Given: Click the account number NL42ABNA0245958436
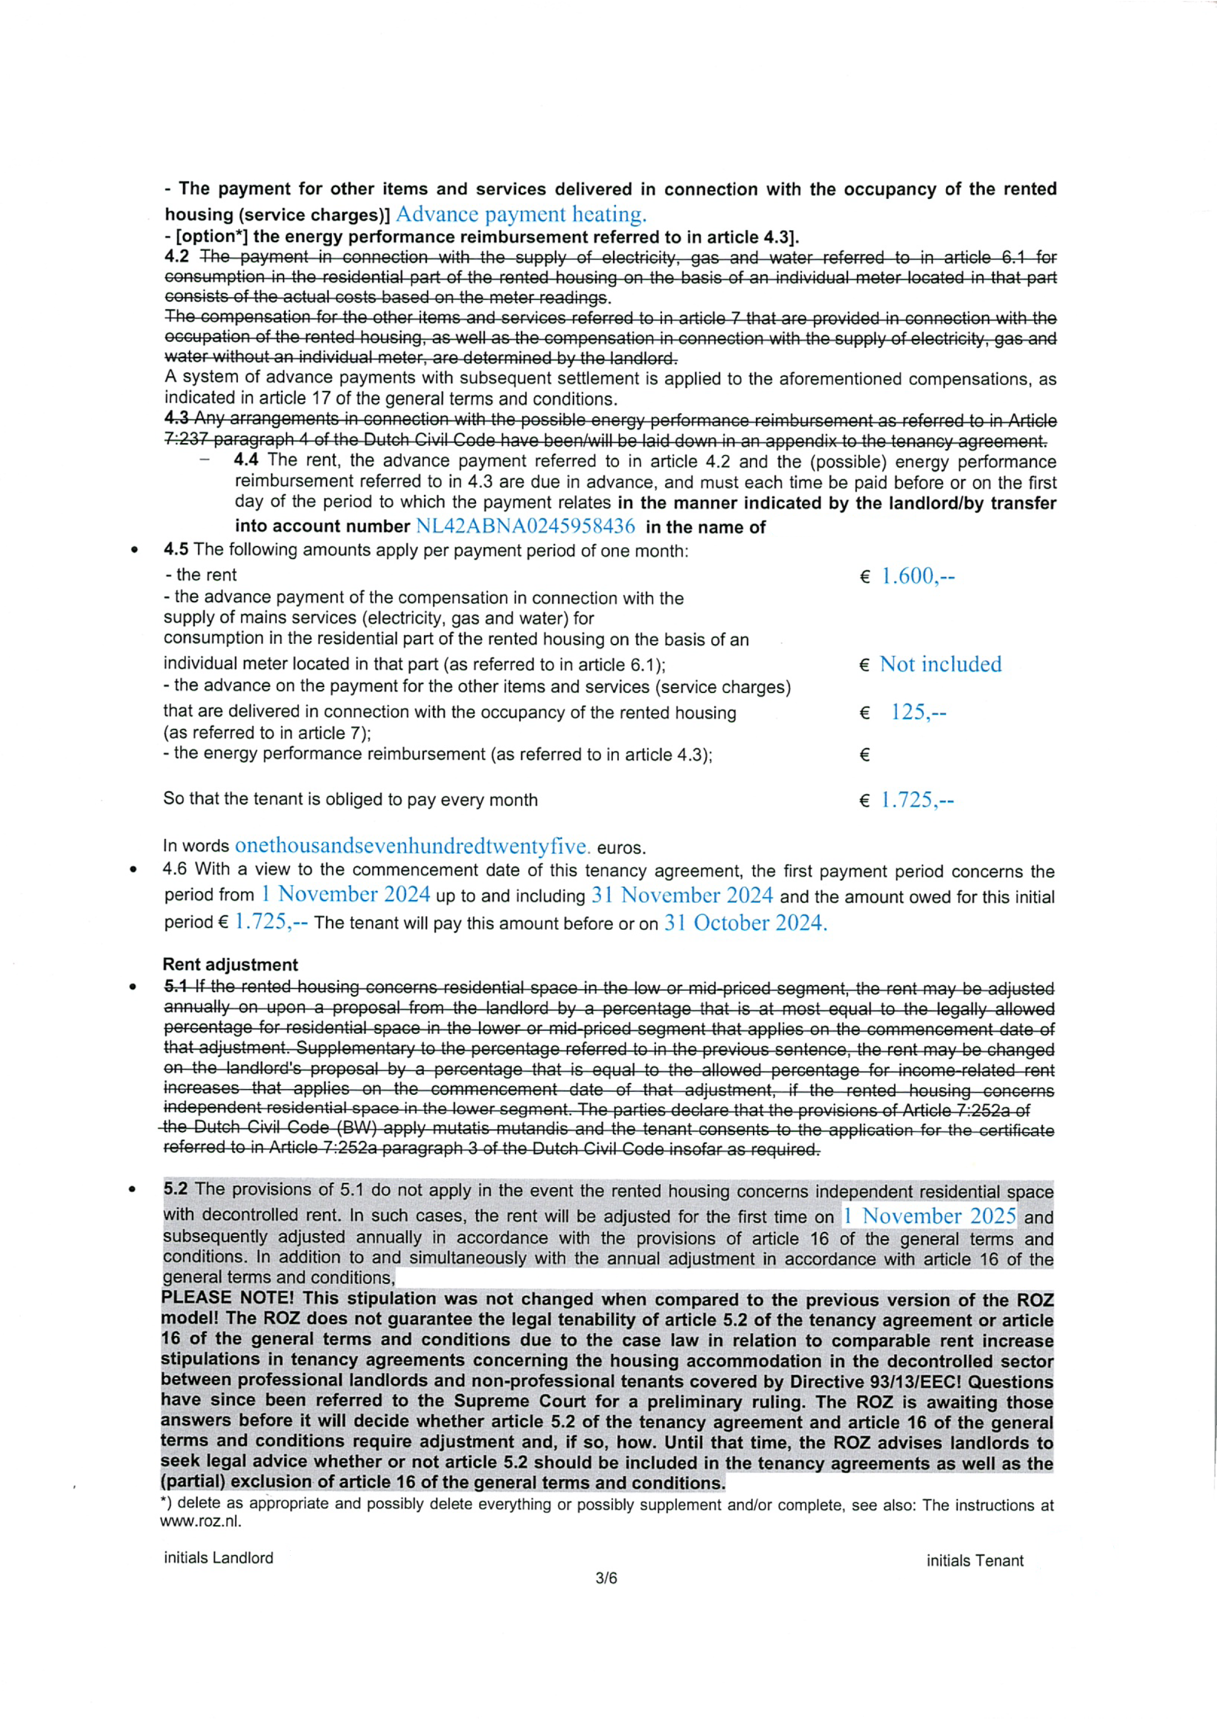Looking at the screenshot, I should coord(525,525).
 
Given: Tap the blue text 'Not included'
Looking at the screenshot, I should coord(940,664).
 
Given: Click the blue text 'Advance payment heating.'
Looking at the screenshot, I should coord(520,214).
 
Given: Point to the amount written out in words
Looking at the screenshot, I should coord(412,846).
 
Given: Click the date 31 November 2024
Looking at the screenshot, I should coord(682,895).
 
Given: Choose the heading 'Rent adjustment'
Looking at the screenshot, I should coord(230,964).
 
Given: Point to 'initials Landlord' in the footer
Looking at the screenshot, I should coord(219,1557).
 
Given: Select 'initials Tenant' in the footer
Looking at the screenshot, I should coord(974,1560).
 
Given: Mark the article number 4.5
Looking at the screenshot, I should coord(176,549).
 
